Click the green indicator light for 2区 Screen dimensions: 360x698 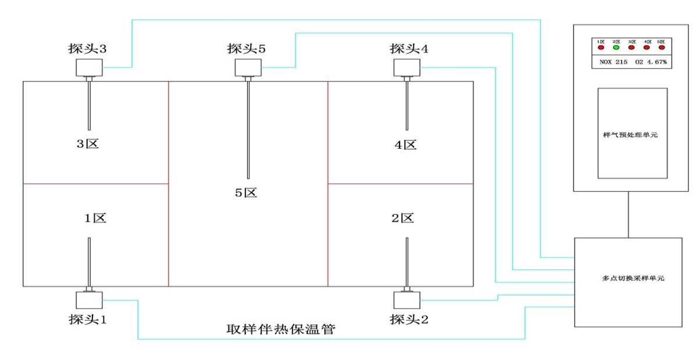617,48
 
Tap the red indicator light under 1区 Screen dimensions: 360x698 601,48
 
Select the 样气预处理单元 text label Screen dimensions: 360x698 631,134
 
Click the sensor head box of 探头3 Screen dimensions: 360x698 89,68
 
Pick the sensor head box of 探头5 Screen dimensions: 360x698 248,67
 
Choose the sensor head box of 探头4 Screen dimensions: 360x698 407,68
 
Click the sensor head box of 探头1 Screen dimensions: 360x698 89,300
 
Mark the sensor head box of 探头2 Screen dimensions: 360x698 407,300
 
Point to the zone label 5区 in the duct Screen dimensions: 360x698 246,193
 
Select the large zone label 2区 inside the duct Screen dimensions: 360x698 403,219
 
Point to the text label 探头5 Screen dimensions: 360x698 246,49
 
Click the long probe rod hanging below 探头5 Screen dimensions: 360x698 248,128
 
